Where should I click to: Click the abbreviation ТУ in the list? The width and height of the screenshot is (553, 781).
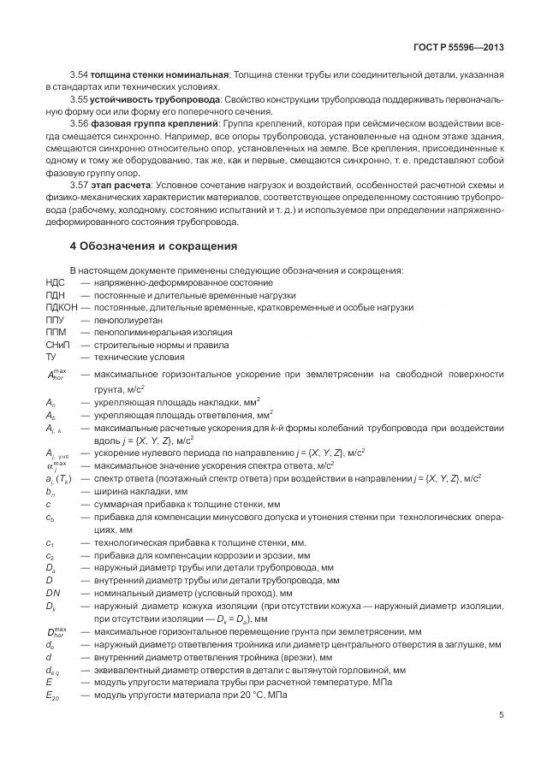pyautogui.click(x=51, y=356)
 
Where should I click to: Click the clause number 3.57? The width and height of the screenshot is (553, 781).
pyautogui.click(x=79, y=186)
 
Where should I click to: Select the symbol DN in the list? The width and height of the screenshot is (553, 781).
pyautogui.click(x=54, y=592)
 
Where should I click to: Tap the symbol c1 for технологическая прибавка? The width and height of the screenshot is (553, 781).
pyautogui.click(x=51, y=543)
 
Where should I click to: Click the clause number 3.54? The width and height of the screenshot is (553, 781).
pyautogui.click(x=79, y=75)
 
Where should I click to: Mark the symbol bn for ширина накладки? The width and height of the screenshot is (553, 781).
pyautogui.click(x=51, y=493)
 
